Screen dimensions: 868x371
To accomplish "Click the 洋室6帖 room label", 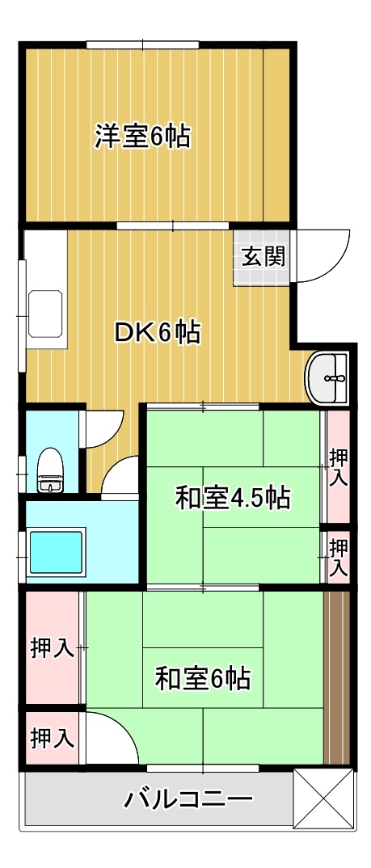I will click(x=142, y=137).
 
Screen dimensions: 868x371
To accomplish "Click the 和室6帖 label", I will click(x=202, y=677).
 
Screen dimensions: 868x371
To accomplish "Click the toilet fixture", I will click(x=49, y=470).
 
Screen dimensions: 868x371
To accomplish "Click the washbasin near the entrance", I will click(x=328, y=377).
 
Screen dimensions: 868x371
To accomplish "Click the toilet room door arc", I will click(x=103, y=428).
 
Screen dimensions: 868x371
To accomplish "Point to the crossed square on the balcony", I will click(x=323, y=798).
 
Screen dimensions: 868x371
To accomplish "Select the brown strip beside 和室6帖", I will click(x=337, y=677).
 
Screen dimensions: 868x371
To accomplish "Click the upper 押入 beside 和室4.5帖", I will click(x=338, y=467).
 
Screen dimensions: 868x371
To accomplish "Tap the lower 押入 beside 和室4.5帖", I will click(x=338, y=556).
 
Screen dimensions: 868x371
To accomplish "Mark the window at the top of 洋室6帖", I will click(x=143, y=44).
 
